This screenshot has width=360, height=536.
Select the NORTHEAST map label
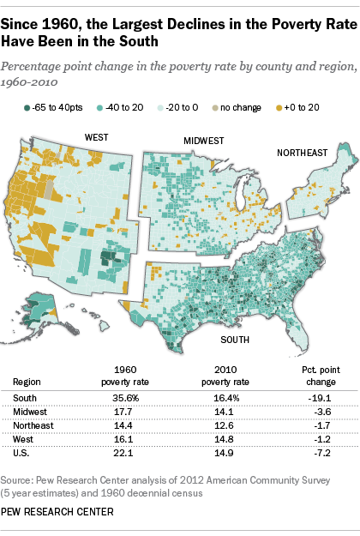[x=301, y=153]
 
